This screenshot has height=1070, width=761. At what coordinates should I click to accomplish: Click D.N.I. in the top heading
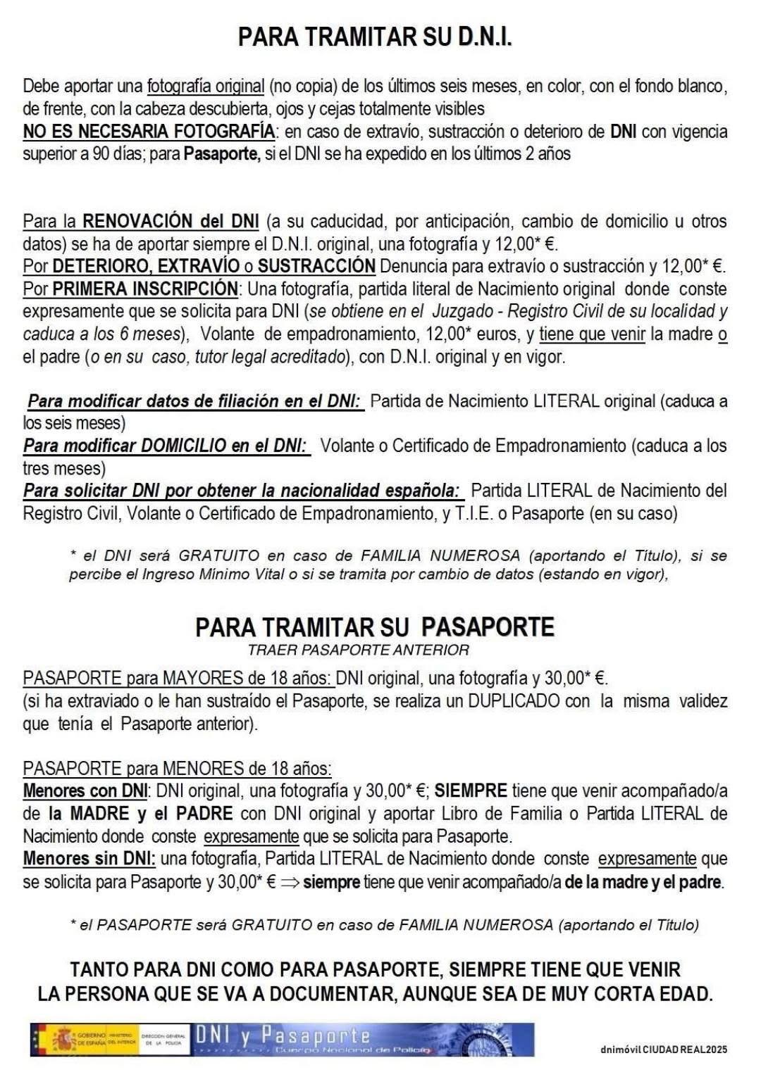(485, 37)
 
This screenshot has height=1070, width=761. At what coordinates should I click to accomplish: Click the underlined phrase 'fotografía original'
(205, 87)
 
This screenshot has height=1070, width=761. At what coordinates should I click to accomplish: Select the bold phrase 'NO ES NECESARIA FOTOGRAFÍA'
(149, 132)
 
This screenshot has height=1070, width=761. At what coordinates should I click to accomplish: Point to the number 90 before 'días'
(101, 154)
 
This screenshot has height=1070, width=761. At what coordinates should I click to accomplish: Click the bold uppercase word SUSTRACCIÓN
(316, 266)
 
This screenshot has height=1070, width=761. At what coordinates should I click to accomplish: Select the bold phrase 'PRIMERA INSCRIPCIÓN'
(145, 289)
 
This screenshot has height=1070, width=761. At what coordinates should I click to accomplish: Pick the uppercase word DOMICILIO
(185, 446)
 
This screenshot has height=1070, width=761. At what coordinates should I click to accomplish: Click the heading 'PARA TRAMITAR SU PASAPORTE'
(375, 627)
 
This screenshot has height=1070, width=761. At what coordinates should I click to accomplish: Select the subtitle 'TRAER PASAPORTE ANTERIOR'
(358, 650)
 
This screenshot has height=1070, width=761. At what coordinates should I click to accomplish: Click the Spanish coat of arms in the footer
(64, 1040)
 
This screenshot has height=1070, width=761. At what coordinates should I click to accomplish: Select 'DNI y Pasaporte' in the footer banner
(282, 1035)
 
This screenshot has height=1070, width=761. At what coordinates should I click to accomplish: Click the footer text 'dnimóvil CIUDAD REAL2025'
(663, 1050)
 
